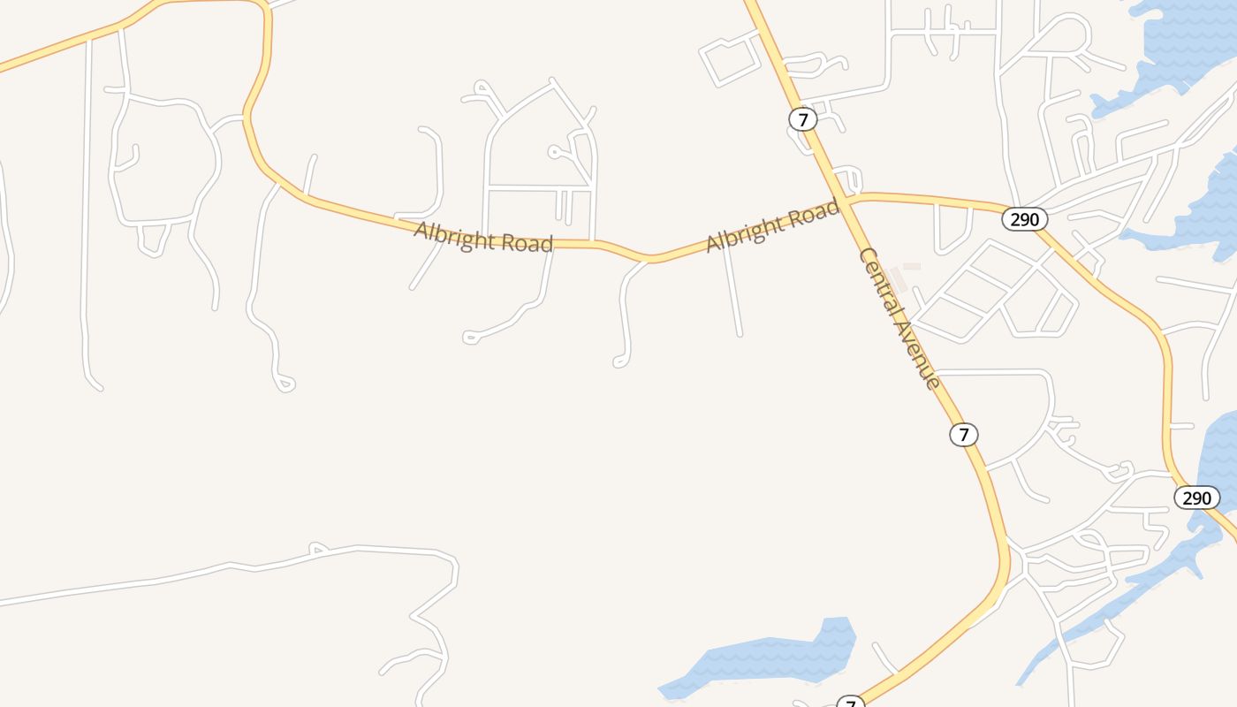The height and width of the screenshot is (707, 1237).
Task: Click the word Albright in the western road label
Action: click(456, 236)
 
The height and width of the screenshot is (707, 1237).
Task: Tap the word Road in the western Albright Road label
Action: click(527, 243)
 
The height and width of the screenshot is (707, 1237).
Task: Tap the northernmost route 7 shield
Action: click(802, 119)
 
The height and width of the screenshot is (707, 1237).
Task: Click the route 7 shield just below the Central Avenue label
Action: click(964, 435)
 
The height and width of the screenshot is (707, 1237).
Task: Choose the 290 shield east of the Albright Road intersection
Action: click(1024, 219)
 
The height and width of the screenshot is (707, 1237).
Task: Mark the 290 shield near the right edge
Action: click(1196, 498)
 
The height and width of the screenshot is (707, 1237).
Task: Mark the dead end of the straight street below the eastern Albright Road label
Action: click(740, 334)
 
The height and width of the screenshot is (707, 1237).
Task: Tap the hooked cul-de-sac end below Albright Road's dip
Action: click(619, 362)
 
